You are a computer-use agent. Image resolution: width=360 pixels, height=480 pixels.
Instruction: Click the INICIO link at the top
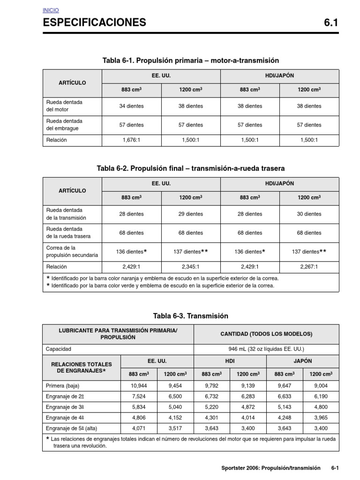(51, 10)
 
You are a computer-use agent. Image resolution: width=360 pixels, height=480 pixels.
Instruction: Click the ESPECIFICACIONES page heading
(94, 22)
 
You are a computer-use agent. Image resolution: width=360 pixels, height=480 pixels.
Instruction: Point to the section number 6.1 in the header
(330, 22)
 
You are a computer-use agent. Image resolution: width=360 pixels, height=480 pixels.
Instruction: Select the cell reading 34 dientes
(131, 106)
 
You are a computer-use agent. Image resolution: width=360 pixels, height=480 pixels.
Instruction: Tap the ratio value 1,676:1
(131, 140)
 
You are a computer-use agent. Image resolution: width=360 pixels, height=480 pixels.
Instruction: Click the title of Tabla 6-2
(190, 168)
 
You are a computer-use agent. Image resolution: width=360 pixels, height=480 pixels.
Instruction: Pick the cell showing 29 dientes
(191, 214)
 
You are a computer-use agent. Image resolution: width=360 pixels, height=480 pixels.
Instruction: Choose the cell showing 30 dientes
(309, 214)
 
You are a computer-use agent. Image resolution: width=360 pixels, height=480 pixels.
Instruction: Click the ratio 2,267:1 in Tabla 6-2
(309, 266)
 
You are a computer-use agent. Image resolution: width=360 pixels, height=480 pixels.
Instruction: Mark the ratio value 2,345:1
(191, 266)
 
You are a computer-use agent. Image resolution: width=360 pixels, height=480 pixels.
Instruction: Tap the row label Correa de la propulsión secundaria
(72, 251)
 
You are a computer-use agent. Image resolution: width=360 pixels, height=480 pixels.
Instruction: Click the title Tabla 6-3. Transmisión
(190, 316)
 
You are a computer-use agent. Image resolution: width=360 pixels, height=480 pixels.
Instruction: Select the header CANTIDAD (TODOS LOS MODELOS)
(266, 334)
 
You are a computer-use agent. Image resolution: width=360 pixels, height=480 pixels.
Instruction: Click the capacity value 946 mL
(266, 349)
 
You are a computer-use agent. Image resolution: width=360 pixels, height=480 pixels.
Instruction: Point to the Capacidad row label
(59, 349)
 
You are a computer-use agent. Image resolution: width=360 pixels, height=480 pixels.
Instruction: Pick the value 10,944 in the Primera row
(139, 386)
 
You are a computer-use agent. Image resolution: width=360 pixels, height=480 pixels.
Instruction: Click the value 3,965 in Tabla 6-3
(321, 418)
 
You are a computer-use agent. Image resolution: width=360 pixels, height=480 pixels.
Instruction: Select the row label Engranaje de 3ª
(65, 407)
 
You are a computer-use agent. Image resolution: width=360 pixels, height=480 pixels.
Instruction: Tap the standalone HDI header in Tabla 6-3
(230, 361)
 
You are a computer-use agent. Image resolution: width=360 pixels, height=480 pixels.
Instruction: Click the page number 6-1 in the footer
(335, 468)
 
